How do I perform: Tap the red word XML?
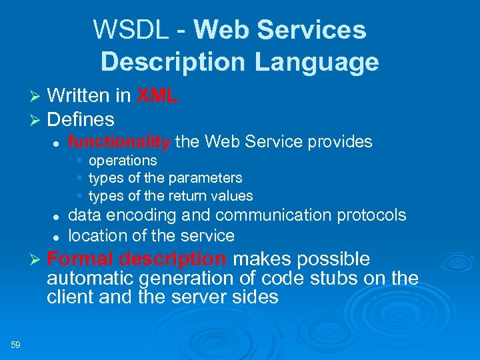click(x=157, y=96)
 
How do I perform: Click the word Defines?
click(x=81, y=120)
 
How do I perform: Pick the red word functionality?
click(x=119, y=142)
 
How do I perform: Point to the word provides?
click(x=339, y=142)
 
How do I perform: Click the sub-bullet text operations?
click(x=123, y=161)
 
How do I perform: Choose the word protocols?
click(x=371, y=215)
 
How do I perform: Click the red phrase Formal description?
click(x=137, y=259)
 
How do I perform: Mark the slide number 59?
click(x=16, y=345)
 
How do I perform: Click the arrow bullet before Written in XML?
click(x=36, y=97)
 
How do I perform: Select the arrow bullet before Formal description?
click(x=36, y=260)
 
